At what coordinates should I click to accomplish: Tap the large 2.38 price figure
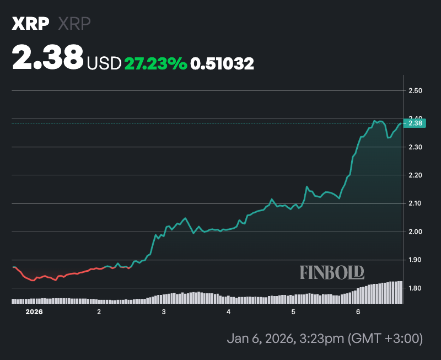coord(48,58)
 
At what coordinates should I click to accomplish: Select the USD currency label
coord(104,64)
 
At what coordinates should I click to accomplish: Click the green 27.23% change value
coord(156,64)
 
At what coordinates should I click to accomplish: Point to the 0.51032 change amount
coord(222,64)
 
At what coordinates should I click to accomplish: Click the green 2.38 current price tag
coord(415,123)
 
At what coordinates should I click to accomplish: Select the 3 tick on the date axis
coord(164,312)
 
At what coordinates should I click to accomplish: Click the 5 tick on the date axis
coord(293,312)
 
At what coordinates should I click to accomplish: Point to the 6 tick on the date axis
coord(358,312)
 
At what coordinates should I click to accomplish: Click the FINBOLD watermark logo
coord(332,272)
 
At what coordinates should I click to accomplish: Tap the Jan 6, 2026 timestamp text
coord(324,337)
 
